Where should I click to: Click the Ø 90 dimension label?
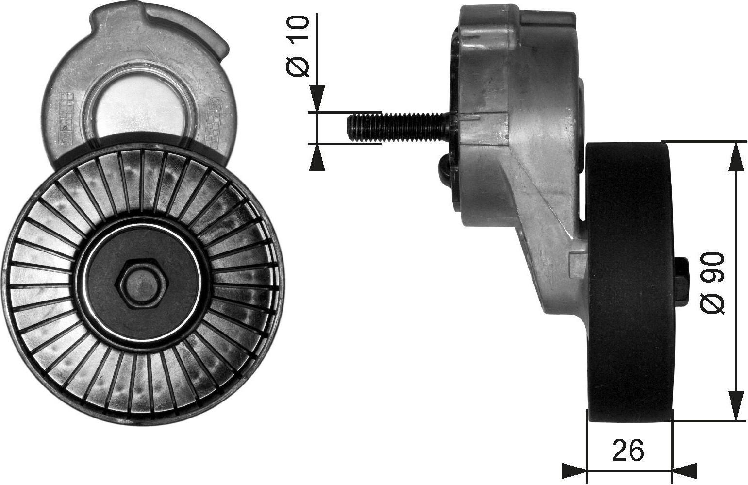click(x=713, y=283)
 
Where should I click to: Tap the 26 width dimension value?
click(x=628, y=451)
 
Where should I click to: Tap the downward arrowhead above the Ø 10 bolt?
click(x=317, y=99)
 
